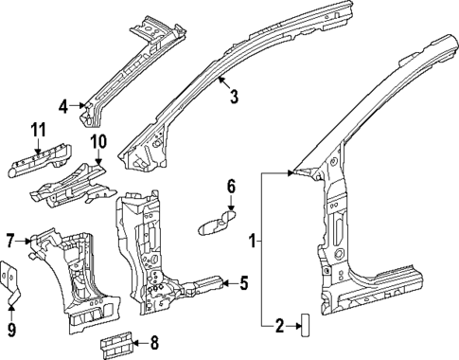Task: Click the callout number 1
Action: [252, 242]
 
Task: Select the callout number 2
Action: [279, 326]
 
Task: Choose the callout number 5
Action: [243, 281]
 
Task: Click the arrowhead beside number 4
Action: [80, 105]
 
